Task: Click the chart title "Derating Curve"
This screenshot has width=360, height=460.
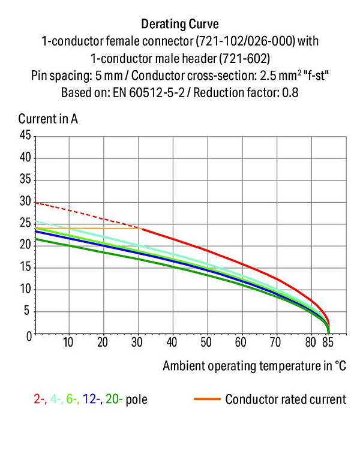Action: coord(180,24)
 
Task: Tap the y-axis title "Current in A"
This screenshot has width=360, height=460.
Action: coord(48,119)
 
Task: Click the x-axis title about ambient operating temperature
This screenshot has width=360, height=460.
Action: coord(254,366)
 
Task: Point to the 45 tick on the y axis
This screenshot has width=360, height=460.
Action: coord(25,136)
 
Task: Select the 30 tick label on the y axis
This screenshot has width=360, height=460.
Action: coord(25,202)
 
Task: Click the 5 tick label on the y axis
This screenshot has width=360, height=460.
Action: coord(27,311)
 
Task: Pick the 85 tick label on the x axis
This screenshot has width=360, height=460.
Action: coord(328,342)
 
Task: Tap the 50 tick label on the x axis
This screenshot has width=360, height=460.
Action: coord(206,342)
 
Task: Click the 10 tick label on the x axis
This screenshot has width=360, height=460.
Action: coord(68,342)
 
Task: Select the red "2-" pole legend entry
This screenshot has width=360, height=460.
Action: coord(40,399)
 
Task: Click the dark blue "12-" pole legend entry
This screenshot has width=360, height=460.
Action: coord(92,399)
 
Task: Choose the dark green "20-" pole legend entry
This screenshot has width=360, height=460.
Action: coord(114,399)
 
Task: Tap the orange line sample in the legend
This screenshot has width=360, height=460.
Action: coord(207,399)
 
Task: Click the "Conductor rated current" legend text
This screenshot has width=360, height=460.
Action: coord(286,399)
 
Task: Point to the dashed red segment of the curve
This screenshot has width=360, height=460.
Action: coord(89,215)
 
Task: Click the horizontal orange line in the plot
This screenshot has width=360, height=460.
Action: coord(89,229)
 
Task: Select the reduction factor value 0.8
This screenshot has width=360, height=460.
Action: coord(290,93)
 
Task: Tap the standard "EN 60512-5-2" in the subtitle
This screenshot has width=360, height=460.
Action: coord(149,93)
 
